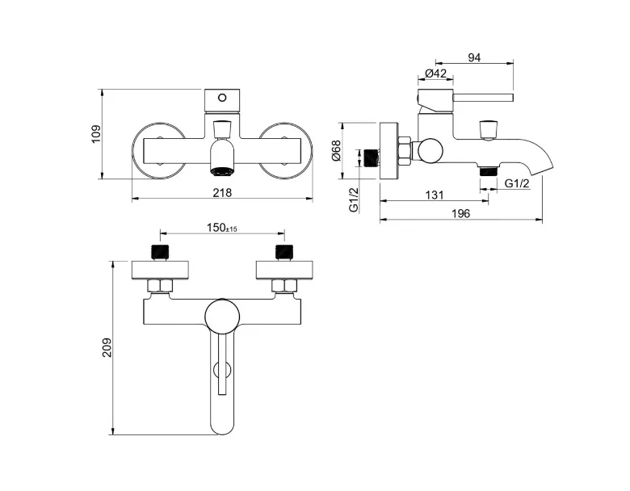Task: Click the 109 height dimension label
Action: (96, 135)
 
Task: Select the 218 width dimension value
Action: (222, 193)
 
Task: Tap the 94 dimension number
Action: (474, 58)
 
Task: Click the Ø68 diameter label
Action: (336, 150)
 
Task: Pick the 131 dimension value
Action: (435, 195)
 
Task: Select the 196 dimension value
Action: (460, 214)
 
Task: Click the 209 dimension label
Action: (107, 347)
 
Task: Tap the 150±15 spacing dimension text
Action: (222, 228)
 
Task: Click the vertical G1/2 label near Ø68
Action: (354, 199)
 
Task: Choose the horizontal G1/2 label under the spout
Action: (517, 183)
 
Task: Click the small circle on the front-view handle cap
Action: (222, 98)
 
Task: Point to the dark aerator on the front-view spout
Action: (222, 171)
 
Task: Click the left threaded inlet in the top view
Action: (160, 252)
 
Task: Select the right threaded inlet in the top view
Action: (284, 252)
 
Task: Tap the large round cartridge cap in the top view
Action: (222, 316)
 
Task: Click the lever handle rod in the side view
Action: (483, 98)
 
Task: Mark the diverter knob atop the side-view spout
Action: (489, 129)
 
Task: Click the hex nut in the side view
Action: (405, 151)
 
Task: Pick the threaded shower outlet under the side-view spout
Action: (489, 171)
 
